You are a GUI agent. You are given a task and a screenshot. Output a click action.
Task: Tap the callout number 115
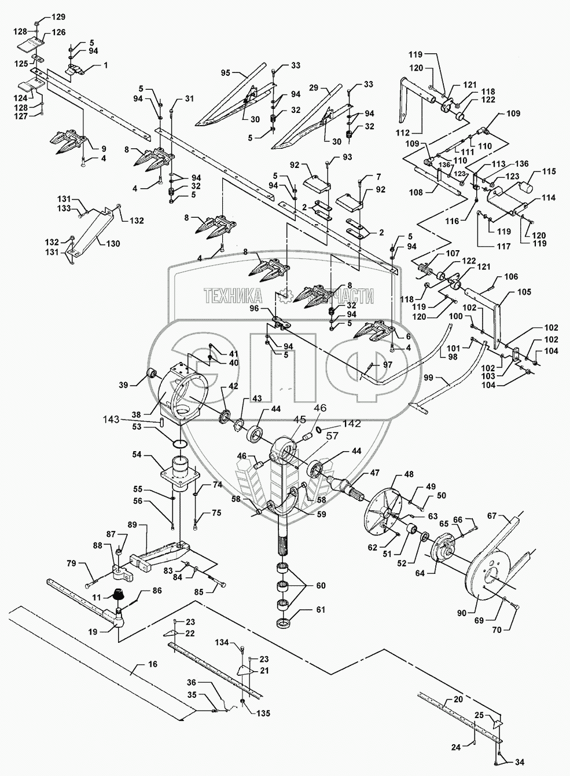(x=549, y=171)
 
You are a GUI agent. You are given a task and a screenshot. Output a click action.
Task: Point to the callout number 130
(x=113, y=244)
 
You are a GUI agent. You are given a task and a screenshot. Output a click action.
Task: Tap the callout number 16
(x=152, y=664)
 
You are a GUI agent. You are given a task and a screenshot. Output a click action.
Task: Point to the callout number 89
(x=133, y=525)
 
